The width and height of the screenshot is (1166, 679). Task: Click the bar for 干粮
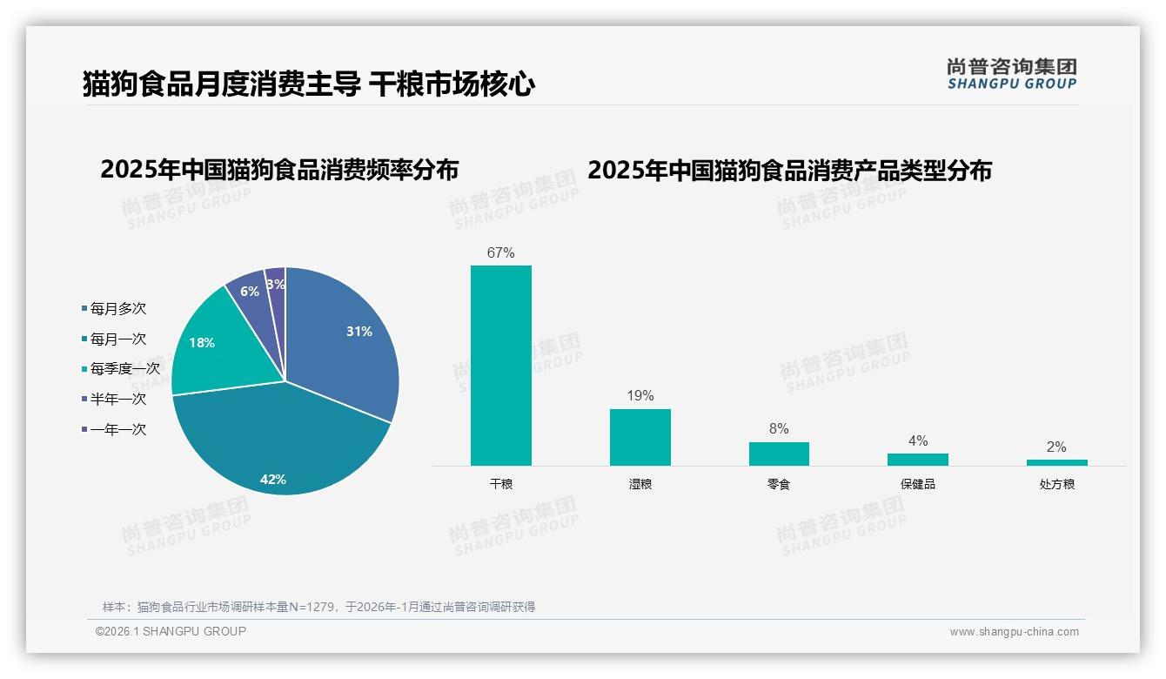(x=500, y=366)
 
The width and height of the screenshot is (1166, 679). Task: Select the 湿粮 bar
(x=640, y=437)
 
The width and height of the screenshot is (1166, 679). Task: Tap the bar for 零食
(x=779, y=454)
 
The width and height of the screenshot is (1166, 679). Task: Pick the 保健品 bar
(x=917, y=460)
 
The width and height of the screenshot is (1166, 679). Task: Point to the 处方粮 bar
(x=1056, y=462)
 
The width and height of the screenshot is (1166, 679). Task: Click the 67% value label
(x=500, y=253)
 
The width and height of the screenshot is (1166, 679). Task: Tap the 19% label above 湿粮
(x=640, y=396)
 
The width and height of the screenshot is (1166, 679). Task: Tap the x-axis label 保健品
(x=917, y=484)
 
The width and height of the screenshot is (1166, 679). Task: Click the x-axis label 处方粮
(x=1056, y=484)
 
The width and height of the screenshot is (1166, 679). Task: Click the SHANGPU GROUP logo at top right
(x=1011, y=74)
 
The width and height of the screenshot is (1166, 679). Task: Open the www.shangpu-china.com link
(x=1014, y=632)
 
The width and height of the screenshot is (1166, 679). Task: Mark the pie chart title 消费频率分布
(x=279, y=170)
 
